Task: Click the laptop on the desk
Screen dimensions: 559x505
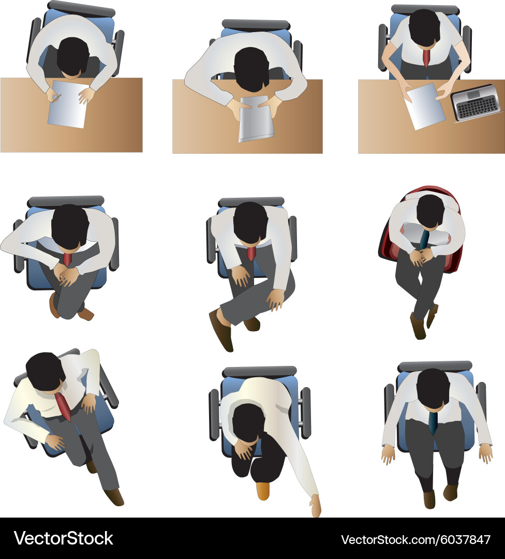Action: (x=476, y=102)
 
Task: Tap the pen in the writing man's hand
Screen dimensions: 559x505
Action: (x=56, y=97)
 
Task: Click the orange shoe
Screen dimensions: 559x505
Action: (x=263, y=491)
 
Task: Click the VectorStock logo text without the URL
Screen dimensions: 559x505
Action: (x=63, y=538)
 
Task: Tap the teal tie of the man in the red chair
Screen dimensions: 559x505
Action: (x=424, y=239)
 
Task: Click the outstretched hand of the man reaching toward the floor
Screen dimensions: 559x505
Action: (x=315, y=505)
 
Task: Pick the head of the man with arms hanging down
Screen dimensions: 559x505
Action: (x=433, y=387)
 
